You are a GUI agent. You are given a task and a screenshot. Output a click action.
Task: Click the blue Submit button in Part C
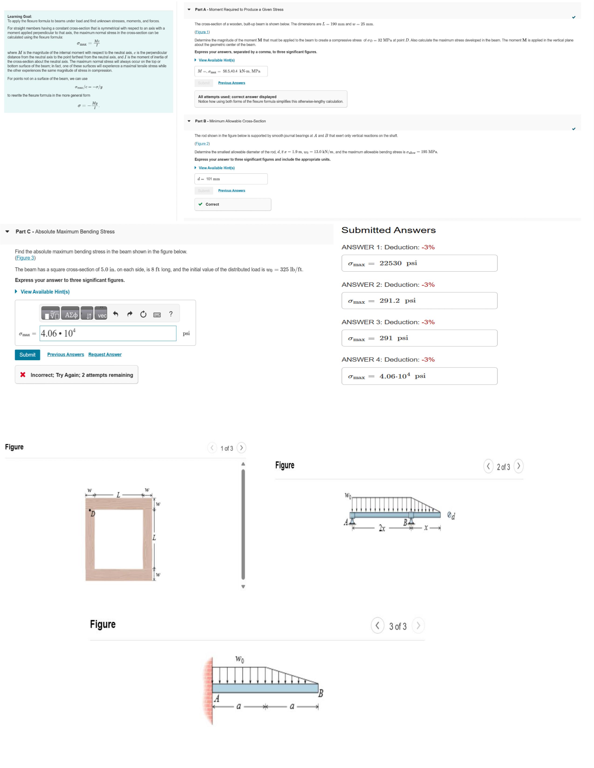(27, 354)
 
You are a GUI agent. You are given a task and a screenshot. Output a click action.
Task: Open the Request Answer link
(105, 354)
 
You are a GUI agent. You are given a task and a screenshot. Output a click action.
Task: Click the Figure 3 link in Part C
(25, 258)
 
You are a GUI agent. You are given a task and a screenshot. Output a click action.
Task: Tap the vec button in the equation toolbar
(102, 314)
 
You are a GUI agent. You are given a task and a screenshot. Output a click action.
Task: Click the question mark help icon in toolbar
(171, 314)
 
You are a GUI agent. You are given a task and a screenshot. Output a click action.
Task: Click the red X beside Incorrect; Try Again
(23, 374)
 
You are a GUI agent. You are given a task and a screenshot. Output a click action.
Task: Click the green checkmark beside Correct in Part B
(200, 204)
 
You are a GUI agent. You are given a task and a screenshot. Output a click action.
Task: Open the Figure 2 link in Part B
(202, 143)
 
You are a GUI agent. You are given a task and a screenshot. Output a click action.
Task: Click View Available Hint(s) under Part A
(216, 60)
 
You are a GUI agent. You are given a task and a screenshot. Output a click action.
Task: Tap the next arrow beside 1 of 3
(241, 448)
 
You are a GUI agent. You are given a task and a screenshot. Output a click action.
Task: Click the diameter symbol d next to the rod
(451, 515)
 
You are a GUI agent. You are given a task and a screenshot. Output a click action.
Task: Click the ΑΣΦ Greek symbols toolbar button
(70, 314)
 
